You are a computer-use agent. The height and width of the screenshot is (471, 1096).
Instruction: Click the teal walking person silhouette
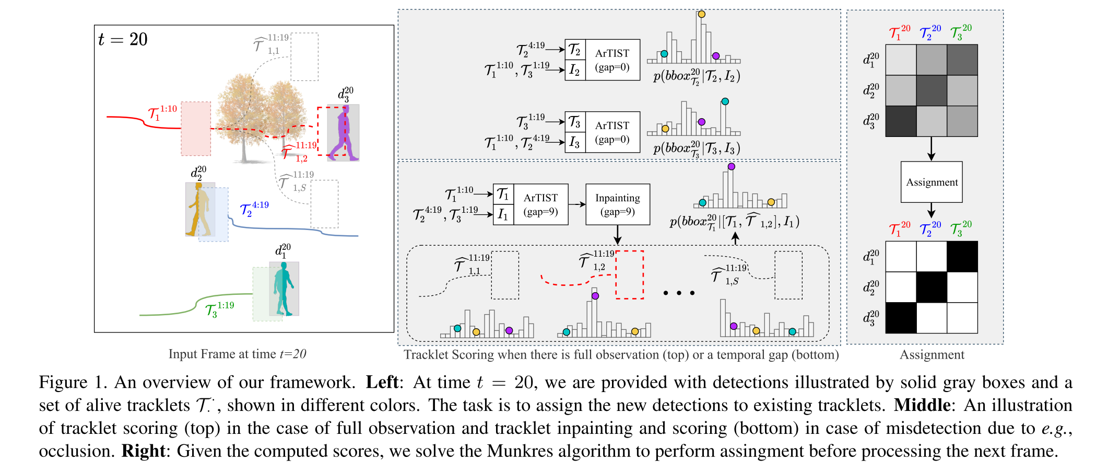click(x=284, y=288)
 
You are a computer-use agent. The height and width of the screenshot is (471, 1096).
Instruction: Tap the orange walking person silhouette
click(x=198, y=209)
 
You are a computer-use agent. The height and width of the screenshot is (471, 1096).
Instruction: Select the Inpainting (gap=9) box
click(x=618, y=204)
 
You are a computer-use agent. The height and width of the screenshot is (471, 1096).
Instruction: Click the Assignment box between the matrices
click(x=932, y=182)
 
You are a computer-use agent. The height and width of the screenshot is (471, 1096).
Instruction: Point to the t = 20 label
click(x=123, y=40)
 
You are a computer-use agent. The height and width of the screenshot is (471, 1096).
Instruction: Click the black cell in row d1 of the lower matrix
click(x=962, y=257)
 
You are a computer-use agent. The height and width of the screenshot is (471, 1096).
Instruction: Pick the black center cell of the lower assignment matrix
click(x=932, y=288)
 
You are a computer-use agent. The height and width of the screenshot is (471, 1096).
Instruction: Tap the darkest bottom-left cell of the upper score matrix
click(x=901, y=121)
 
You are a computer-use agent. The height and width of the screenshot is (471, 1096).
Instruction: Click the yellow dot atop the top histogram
click(x=701, y=14)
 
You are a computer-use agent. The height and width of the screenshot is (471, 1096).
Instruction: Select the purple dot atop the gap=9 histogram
click(x=731, y=166)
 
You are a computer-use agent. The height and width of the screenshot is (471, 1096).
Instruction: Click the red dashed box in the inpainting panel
click(x=630, y=275)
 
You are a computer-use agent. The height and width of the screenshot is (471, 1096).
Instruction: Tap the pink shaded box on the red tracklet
click(x=196, y=129)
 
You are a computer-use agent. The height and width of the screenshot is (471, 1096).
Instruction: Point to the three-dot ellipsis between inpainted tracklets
click(x=679, y=293)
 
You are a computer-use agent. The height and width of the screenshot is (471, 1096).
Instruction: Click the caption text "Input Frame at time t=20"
click(x=237, y=354)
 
